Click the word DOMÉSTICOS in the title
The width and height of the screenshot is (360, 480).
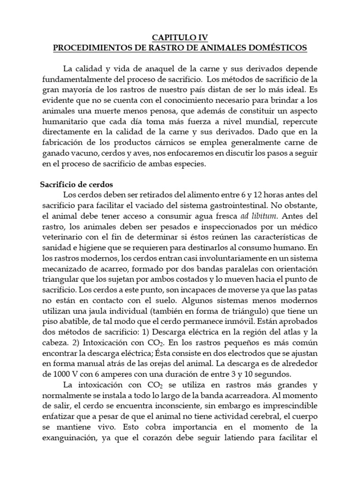pos(278,47)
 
